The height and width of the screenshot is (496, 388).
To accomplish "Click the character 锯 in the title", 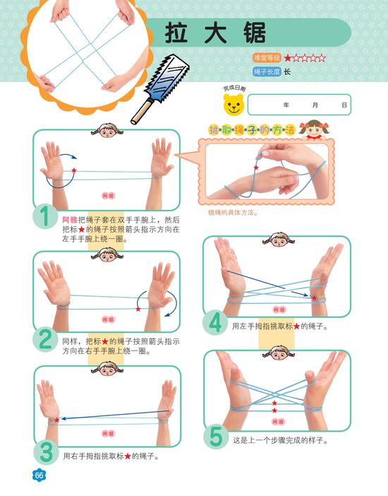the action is coord(255,33).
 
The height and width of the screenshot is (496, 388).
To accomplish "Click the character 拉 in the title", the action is coord(176,33).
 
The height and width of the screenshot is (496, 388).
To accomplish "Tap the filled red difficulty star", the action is coord(288,58).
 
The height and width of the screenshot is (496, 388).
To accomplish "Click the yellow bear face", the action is coord(234,105).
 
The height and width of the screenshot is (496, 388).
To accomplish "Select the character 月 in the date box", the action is coord(315,105).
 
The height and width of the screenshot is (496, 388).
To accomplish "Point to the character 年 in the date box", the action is coord(286,105).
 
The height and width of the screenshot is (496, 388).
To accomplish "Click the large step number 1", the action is coord(45,216).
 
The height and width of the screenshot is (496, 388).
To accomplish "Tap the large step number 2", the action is coord(45,339).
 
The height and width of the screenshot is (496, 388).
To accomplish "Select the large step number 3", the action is coord(46,453).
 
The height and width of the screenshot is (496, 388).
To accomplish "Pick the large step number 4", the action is coord(215,323).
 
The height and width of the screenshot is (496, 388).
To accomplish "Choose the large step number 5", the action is coord(217,437).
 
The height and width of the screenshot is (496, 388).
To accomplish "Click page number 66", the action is coord(39,475).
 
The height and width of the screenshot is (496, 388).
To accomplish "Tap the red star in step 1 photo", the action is coord(74,170).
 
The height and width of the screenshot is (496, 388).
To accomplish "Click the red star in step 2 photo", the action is coord(138,309).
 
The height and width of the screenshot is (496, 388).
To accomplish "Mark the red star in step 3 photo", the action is coord(56,420).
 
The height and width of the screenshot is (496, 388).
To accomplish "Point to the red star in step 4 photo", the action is coord(314,298).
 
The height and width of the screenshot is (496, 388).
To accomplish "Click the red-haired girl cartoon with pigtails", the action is coord(315,130).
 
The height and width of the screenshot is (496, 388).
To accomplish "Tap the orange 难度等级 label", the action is coord(267,58).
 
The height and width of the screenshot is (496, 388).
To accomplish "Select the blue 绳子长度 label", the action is coord(267,72).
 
